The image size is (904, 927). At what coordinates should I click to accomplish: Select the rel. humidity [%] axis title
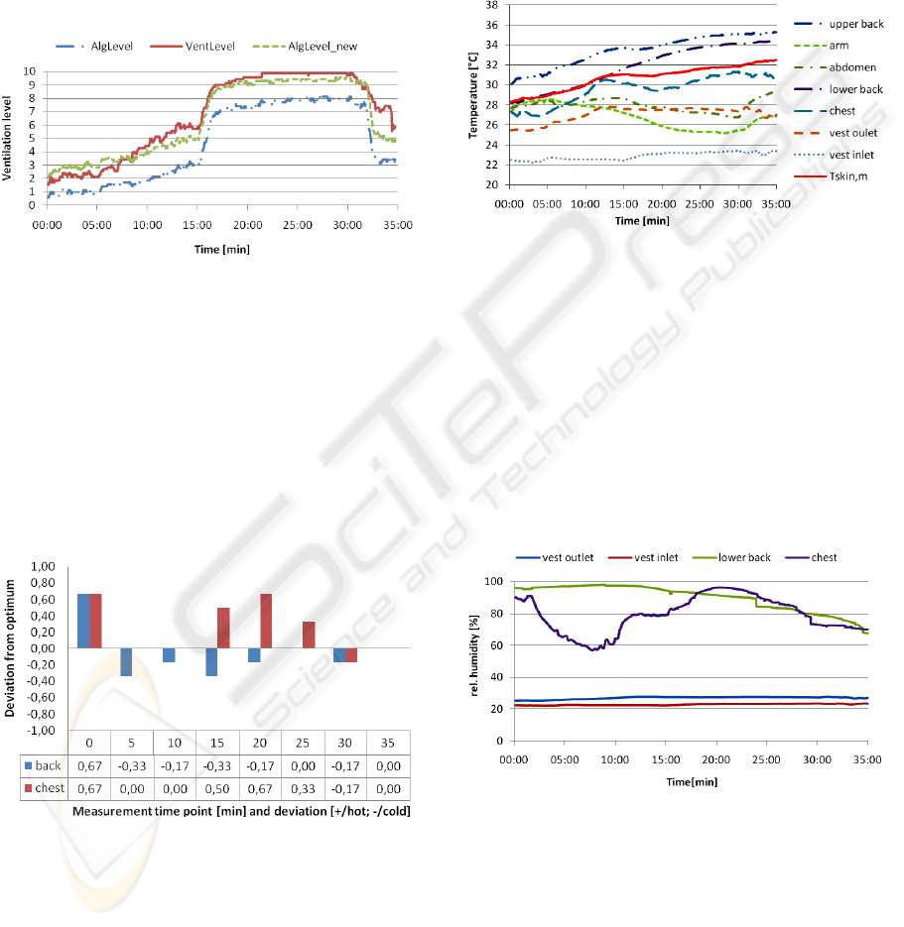[475, 661]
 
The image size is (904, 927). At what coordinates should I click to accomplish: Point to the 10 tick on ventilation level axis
[31, 72]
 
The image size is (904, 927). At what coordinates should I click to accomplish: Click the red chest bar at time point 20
[267, 621]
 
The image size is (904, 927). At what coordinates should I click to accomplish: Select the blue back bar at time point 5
[127, 661]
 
